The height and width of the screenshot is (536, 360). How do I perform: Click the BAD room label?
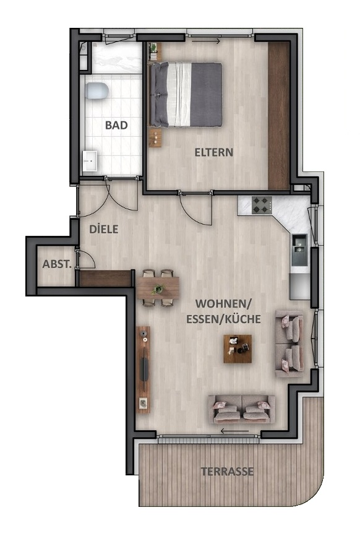tap(116, 125)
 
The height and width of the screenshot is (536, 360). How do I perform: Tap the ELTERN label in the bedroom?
tap(213, 152)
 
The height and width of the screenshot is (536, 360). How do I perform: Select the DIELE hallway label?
tap(103, 228)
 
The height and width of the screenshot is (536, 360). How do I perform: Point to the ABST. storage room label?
tap(57, 264)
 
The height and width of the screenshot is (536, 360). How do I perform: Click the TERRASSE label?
tap(228, 472)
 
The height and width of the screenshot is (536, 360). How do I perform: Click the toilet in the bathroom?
tap(97, 91)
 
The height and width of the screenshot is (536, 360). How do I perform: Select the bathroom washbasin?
tap(90, 160)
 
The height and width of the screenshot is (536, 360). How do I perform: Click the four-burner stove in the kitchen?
tap(262, 205)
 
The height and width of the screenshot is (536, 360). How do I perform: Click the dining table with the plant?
tap(158, 288)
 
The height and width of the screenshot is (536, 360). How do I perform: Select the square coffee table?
tap(238, 348)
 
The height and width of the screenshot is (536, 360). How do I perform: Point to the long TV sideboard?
tap(144, 370)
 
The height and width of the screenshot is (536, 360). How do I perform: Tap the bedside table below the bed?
tap(156, 137)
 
